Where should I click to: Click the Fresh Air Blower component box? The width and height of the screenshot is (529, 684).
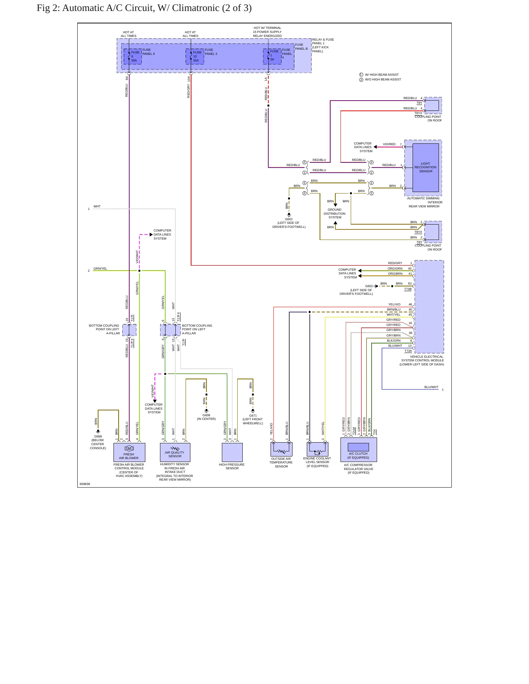point(129,452)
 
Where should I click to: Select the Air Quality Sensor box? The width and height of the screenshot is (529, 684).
point(175,452)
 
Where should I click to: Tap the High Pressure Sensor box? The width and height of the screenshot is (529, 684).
point(232,452)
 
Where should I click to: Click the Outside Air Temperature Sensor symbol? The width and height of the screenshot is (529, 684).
point(281,449)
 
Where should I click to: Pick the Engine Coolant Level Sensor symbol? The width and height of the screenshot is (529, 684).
point(317,449)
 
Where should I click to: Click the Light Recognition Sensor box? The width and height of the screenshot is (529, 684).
point(426,168)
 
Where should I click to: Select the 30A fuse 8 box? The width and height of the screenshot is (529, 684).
point(133,56)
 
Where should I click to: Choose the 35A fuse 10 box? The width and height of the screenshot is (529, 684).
point(195,56)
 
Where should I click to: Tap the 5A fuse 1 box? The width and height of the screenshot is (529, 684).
point(272,56)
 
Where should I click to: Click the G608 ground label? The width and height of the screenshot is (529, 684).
point(206,415)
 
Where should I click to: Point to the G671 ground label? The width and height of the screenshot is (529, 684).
point(253,416)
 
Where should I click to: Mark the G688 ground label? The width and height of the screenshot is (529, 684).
point(98,436)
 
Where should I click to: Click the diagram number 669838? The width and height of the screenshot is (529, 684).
point(85,484)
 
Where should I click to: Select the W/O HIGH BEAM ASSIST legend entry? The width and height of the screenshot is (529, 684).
point(380,79)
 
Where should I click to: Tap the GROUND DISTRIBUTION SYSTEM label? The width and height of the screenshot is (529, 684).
point(335,214)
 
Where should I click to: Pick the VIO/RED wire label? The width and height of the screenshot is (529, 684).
point(389,144)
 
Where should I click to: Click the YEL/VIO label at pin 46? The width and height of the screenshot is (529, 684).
point(394,304)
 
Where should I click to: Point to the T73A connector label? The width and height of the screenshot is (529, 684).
point(408,351)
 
